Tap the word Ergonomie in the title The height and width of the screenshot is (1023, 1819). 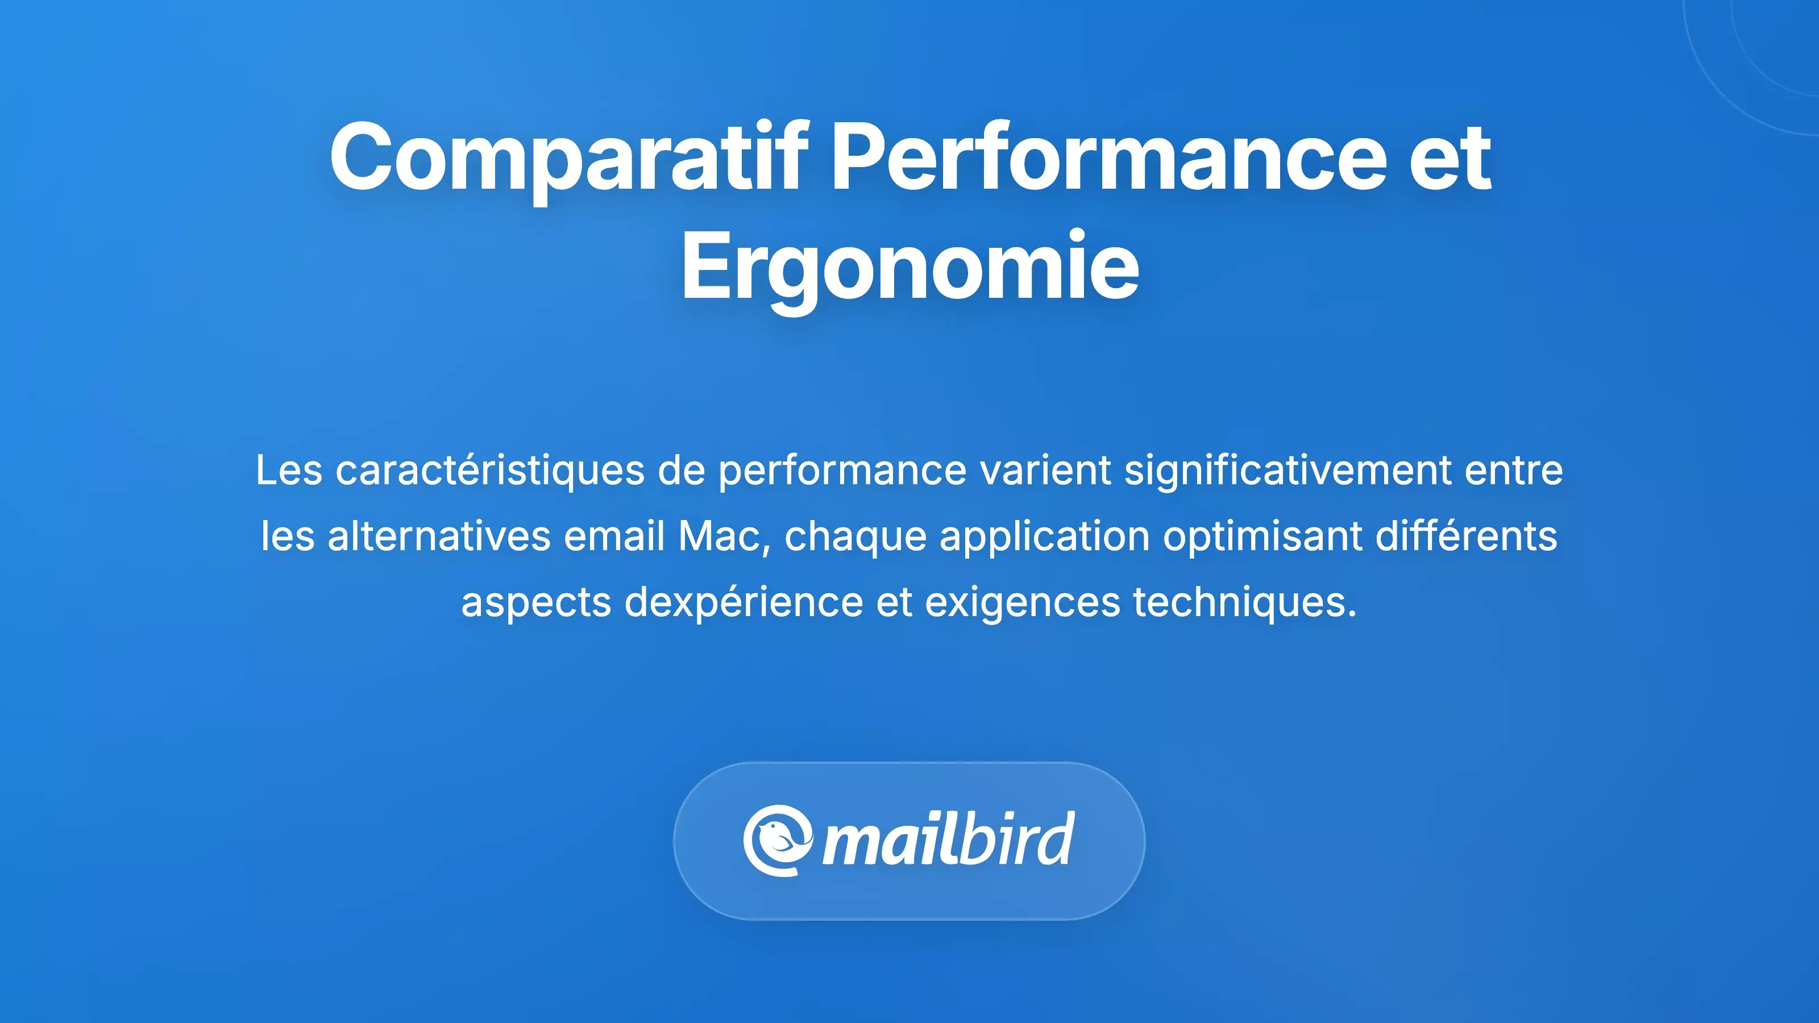click(910, 268)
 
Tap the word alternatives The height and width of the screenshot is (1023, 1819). click(438, 536)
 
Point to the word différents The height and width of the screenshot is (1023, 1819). click(1466, 536)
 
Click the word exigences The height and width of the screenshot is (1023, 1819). click(1023, 602)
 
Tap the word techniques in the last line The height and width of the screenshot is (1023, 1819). click(1245, 602)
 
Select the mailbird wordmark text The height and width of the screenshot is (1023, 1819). click(948, 840)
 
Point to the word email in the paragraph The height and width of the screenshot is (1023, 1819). click(614, 536)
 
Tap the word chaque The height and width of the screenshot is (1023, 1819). click(855, 536)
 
